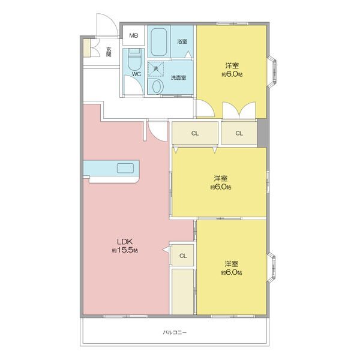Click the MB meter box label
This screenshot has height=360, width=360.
point(134,35)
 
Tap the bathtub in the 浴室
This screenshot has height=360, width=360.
point(158,42)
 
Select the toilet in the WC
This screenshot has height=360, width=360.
point(134,59)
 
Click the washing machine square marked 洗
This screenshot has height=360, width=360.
point(156,68)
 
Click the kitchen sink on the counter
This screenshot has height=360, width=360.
point(125,168)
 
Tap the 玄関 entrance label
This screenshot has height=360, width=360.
point(109,52)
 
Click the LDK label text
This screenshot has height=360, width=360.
point(125,242)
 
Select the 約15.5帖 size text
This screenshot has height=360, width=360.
point(125,250)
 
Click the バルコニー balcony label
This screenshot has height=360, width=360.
point(175,332)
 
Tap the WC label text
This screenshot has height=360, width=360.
point(136,74)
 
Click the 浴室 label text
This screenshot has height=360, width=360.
point(182,41)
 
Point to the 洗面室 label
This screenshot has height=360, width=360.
point(178,77)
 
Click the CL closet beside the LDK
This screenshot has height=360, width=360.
point(183,256)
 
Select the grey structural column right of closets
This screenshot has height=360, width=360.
point(262,133)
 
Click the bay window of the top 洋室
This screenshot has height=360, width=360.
point(272,71)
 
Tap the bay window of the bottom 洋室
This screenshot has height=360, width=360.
point(271,267)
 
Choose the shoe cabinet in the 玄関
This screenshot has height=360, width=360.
point(86,48)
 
